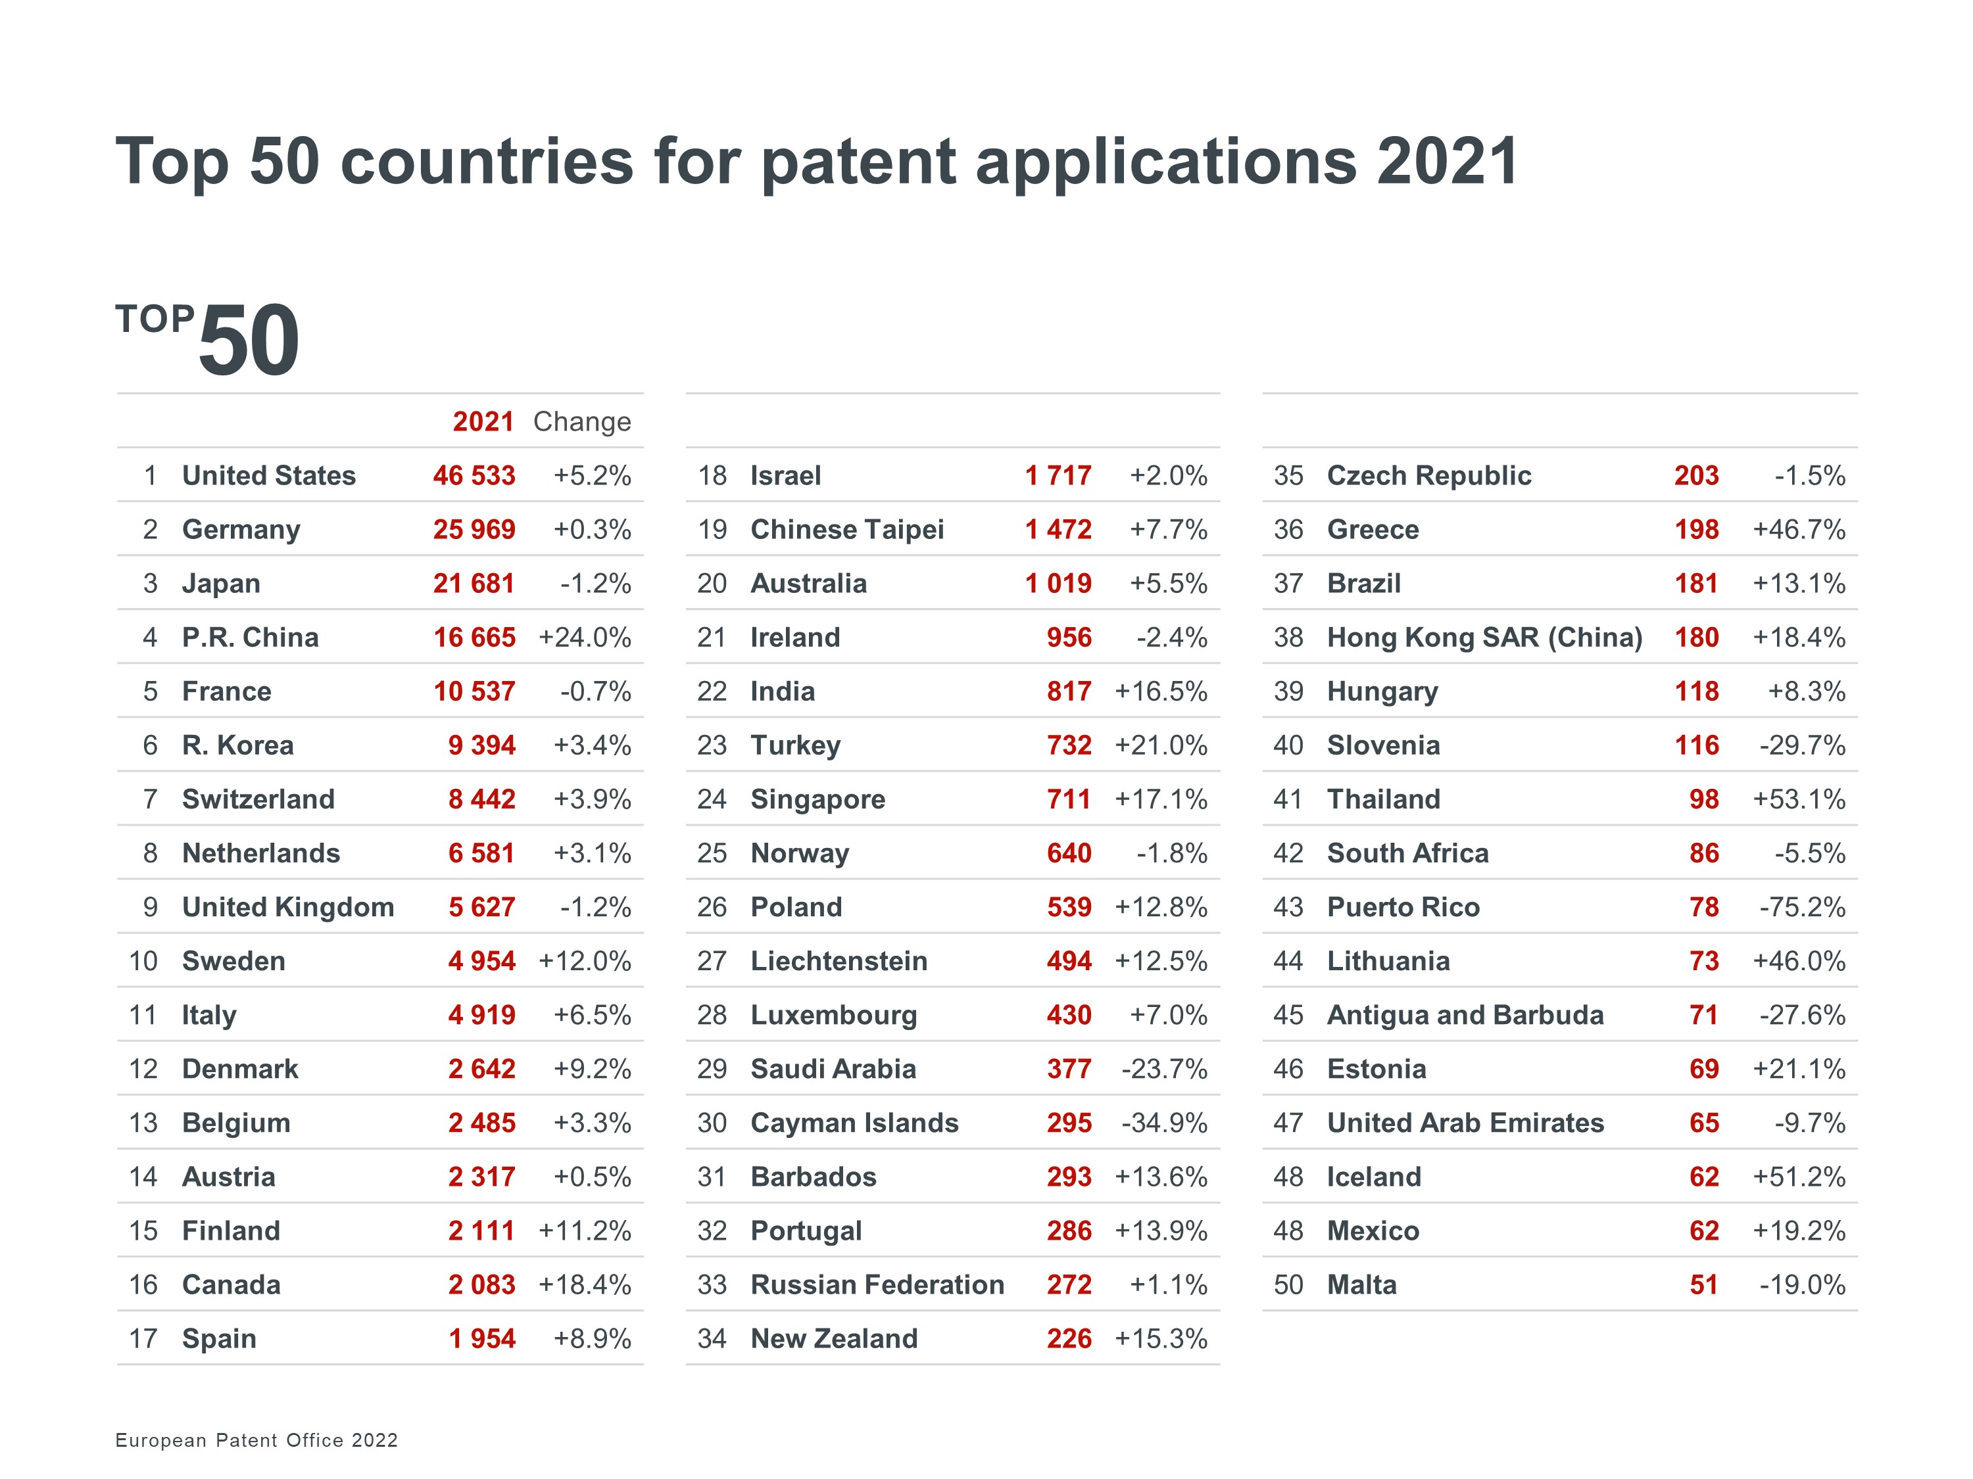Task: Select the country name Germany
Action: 241,530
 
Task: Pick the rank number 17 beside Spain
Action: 143,1338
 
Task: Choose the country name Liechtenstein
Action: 839,961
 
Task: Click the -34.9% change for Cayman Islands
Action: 1164,1123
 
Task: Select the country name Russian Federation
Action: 877,1284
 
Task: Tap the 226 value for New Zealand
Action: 1069,1338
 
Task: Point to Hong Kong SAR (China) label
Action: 1484,638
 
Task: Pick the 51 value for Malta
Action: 1703,1284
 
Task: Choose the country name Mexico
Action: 1373,1231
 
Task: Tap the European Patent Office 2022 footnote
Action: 257,1440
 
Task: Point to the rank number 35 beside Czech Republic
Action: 1288,475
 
